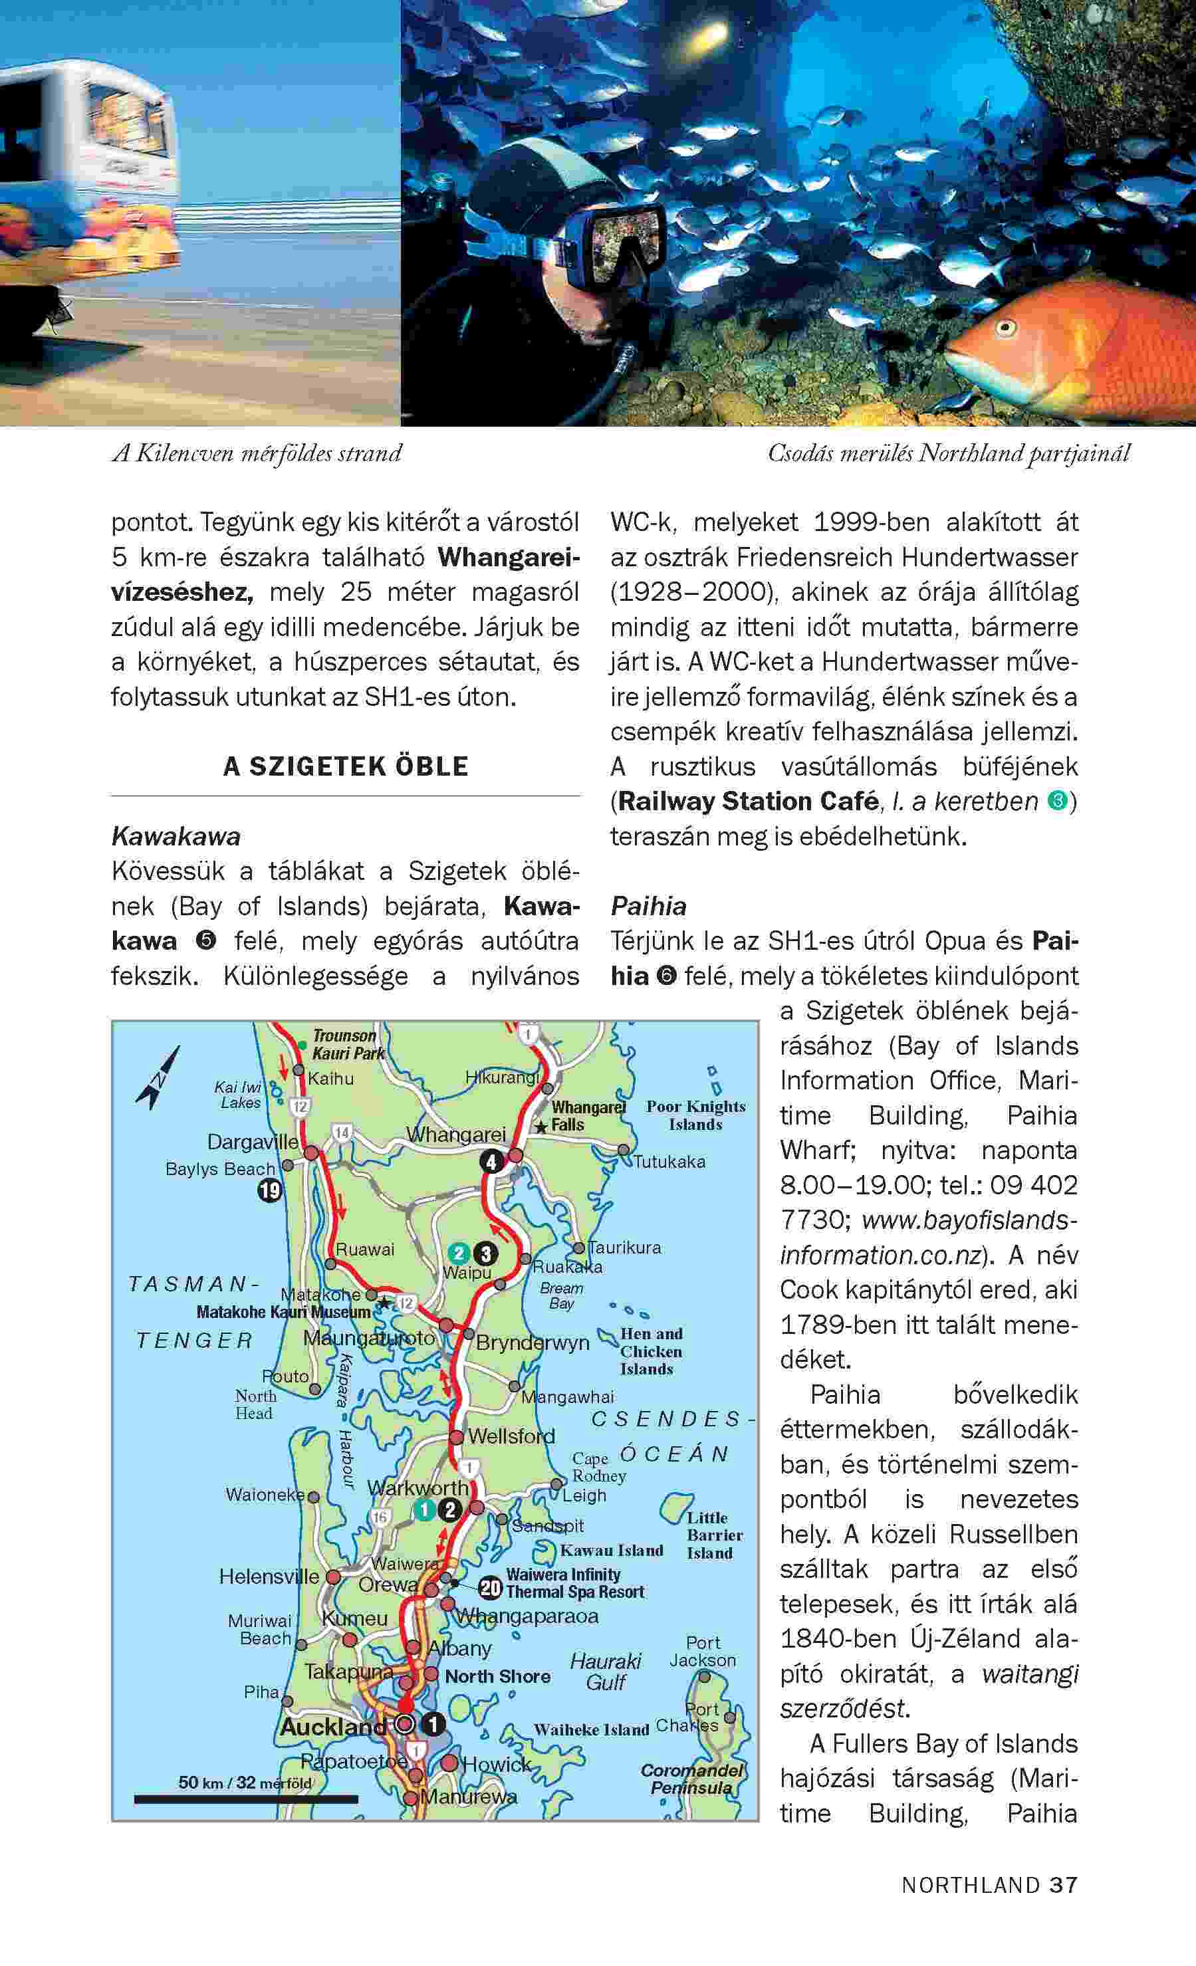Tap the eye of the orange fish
click(1006, 326)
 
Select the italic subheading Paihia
click(649, 906)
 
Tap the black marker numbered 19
click(270, 1191)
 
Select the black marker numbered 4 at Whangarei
click(491, 1162)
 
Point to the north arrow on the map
click(160, 1078)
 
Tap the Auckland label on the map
click(332, 1727)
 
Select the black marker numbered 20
click(490, 1589)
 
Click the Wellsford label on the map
click(511, 1436)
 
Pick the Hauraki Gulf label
click(606, 1672)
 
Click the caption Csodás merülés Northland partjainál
click(949, 453)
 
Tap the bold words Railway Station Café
click(749, 801)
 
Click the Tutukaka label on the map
click(669, 1162)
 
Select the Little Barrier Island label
click(714, 1535)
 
